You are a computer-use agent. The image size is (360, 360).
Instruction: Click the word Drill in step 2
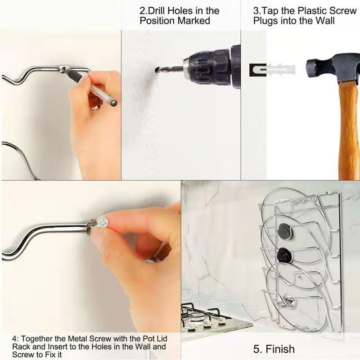[x=156, y=11]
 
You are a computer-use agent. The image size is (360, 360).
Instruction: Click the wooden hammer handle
[x=349, y=130]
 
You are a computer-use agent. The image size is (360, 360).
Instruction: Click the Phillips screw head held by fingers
[x=103, y=222]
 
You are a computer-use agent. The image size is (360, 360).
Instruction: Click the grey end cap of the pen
[x=113, y=103]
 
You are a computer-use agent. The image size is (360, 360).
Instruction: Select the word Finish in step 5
[x=280, y=349]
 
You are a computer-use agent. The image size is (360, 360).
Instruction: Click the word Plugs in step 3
[x=265, y=21]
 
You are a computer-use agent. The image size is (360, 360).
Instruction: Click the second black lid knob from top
[x=284, y=255]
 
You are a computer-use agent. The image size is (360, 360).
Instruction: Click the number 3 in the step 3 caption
[x=256, y=11]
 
